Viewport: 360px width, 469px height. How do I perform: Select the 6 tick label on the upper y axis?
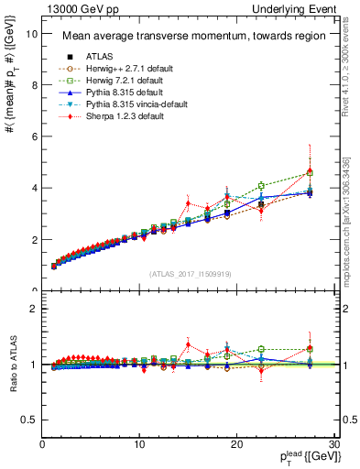tap(34, 136)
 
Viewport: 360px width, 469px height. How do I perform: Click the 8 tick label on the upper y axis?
tap(34, 85)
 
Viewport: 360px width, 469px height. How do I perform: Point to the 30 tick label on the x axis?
tap(334, 444)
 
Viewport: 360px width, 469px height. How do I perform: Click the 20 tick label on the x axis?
tap(237, 444)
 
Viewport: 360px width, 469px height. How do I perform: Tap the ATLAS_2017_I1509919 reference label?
tap(189, 273)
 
